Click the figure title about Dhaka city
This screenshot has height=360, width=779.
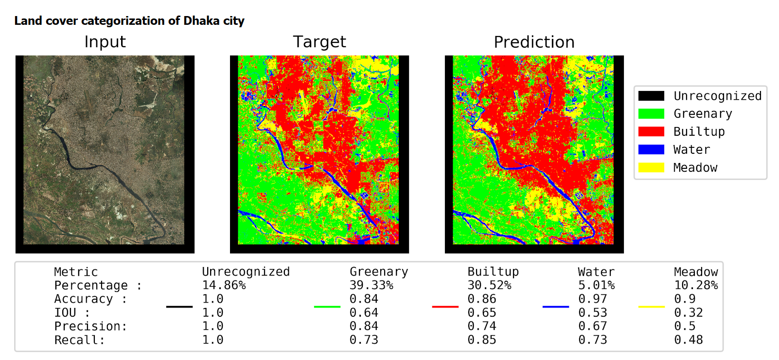[x=129, y=21]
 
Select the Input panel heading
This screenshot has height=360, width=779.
[x=105, y=42]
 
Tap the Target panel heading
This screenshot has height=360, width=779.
[x=319, y=42]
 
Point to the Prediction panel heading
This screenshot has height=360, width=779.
[x=534, y=42]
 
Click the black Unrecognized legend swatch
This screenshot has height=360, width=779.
[x=652, y=96]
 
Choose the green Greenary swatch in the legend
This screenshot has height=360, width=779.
[x=652, y=114]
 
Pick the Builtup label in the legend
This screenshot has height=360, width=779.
[x=699, y=131]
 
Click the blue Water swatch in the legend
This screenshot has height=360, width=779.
[x=652, y=149]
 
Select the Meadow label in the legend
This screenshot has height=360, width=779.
[x=695, y=168]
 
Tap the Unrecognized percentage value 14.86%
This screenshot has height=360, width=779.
[x=224, y=285]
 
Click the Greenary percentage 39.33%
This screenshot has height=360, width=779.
[x=372, y=285]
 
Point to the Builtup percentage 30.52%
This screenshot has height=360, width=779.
[x=489, y=285]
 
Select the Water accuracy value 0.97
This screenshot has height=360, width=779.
[x=593, y=299]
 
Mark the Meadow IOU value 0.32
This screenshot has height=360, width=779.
[x=689, y=312]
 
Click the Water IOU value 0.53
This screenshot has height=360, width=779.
[x=593, y=312]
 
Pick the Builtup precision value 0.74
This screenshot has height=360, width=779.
[x=482, y=326]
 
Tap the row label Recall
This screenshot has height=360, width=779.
[x=80, y=340]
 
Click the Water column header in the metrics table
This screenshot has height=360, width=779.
[x=597, y=271]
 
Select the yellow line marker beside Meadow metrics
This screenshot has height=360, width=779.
[x=652, y=307]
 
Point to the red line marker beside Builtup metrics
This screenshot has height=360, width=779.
[x=445, y=307]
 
